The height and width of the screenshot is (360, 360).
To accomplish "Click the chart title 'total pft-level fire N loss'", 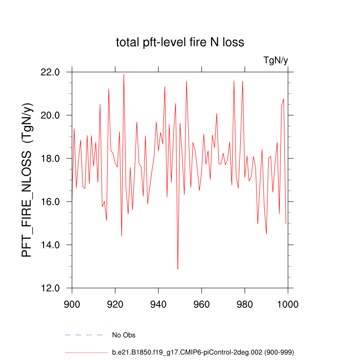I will [x=180, y=43].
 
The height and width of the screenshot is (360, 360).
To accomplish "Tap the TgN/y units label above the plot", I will [x=275, y=61].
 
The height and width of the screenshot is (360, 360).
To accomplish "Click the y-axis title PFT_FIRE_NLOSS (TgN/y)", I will [x=28, y=180].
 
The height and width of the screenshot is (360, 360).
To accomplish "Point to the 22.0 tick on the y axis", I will [x=50, y=72].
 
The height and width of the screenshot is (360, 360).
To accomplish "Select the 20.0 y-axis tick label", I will [x=50, y=115].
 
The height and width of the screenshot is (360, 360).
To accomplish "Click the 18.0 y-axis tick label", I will [x=50, y=158].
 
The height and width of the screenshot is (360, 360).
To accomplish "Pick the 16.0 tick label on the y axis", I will [x=50, y=202].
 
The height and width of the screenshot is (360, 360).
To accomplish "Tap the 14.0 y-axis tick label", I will [x=50, y=245].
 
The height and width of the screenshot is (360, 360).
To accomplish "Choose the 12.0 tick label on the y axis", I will [x=50, y=288].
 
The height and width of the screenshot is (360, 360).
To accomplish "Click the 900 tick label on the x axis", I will [x=72, y=304].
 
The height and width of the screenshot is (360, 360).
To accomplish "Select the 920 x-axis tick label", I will [x=115, y=304].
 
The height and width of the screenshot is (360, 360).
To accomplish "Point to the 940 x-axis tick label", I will [x=158, y=304].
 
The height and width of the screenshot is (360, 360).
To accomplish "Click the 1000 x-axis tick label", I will [x=288, y=304].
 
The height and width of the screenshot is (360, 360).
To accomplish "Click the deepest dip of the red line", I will [x=178, y=269].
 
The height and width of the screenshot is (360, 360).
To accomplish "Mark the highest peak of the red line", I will [x=124, y=74].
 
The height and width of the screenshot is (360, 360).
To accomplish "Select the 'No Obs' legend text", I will [x=124, y=335].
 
